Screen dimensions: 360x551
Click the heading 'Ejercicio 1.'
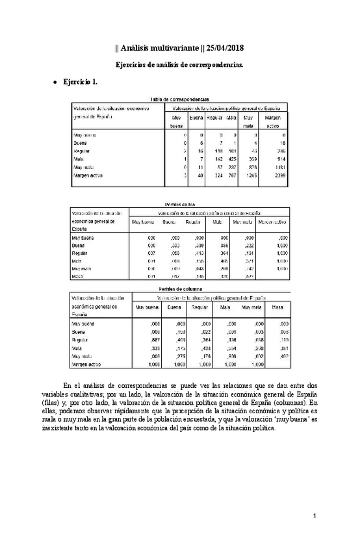80,84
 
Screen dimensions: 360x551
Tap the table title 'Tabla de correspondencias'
179,99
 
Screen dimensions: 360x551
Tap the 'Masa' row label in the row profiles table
79,277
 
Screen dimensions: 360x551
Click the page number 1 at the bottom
313,515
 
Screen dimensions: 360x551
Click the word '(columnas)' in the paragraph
286,403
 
